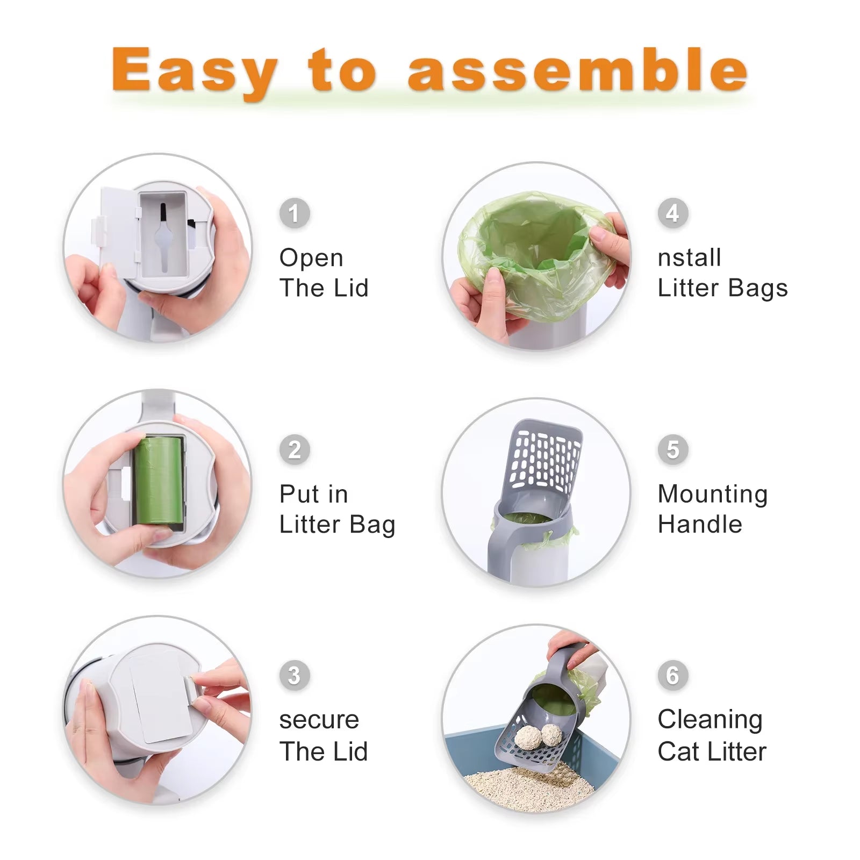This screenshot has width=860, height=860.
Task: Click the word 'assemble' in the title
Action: tap(578, 70)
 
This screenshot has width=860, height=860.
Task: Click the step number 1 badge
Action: tap(295, 213)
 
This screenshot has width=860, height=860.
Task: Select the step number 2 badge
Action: tap(295, 449)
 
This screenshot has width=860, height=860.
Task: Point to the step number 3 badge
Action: tap(295, 675)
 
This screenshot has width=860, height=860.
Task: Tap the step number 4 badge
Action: tap(673, 213)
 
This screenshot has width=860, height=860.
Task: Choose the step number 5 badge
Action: tap(673, 449)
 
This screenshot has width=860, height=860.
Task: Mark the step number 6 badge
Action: tap(673, 675)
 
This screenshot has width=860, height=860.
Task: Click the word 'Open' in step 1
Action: tap(311, 258)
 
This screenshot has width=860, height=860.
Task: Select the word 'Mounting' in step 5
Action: tap(713, 494)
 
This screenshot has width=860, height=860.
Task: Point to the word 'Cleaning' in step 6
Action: tap(710, 720)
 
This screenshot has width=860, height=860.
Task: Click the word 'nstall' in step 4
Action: tap(689, 258)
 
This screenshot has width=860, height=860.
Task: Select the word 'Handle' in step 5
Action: tap(700, 524)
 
